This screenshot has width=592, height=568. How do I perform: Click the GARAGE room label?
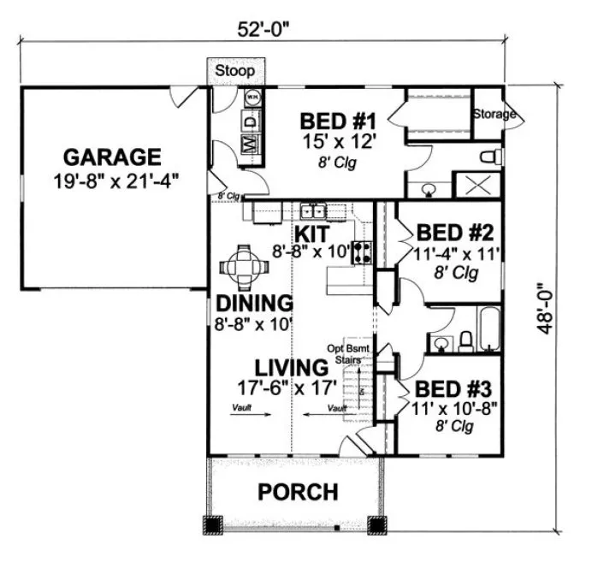[x=113, y=157]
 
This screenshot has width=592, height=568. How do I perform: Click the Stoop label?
[x=234, y=70]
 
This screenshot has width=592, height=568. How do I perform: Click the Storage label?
[x=494, y=114]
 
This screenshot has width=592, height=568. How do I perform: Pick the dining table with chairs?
[x=245, y=267]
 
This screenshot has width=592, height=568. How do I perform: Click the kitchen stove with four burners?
[x=363, y=251]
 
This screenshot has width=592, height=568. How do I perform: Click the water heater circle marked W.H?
[x=253, y=98]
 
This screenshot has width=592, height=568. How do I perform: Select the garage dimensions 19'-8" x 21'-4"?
[x=113, y=182]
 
